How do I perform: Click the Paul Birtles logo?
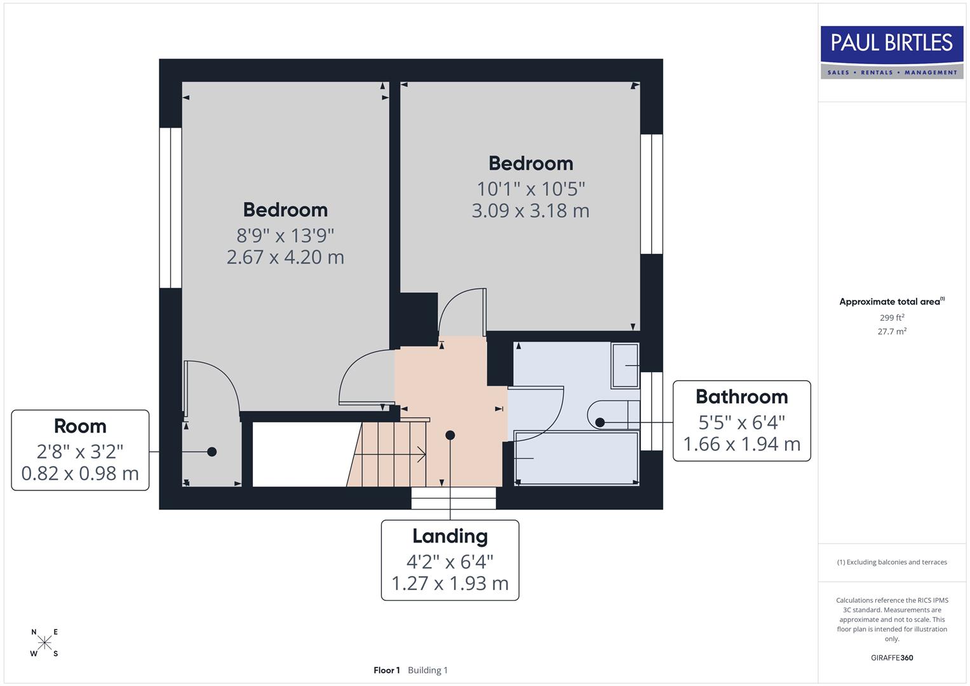click(892, 52)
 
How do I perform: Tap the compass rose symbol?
click(44, 643)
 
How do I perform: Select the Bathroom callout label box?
click(741, 420)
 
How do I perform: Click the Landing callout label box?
click(450, 560)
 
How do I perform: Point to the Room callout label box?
click(80, 450)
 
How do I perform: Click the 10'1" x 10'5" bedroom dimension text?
click(530, 189)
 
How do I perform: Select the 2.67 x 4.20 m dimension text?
click(285, 257)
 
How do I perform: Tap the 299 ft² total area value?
click(891, 318)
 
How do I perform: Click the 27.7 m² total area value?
click(891, 332)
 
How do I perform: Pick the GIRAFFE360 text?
click(891, 657)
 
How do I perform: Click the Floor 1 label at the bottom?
click(386, 670)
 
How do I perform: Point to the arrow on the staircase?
click(419, 454)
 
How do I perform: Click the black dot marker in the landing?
click(450, 435)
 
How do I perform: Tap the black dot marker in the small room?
click(212, 452)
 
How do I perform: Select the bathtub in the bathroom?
click(576, 458)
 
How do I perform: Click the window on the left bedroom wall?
click(170, 208)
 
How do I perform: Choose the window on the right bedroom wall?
click(651, 194)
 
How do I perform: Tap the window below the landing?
click(453, 498)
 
